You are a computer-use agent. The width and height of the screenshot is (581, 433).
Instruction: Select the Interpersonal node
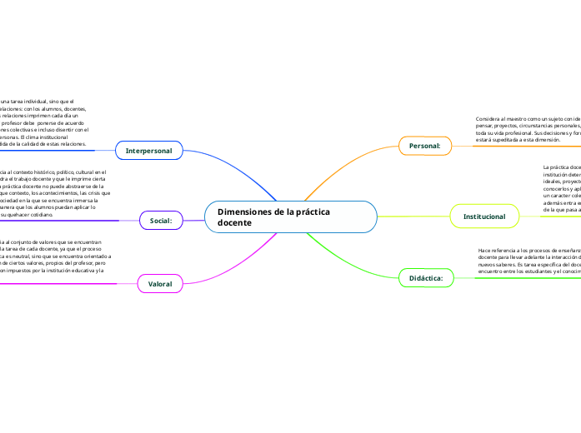(148, 151)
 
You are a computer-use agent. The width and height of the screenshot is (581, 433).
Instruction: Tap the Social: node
(160, 221)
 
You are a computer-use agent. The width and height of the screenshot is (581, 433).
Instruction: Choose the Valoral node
(160, 284)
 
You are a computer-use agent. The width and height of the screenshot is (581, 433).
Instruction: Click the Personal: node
(424, 146)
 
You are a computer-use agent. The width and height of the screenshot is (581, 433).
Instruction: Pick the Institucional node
(483, 216)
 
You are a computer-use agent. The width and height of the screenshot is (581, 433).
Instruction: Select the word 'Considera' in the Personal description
(489, 118)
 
